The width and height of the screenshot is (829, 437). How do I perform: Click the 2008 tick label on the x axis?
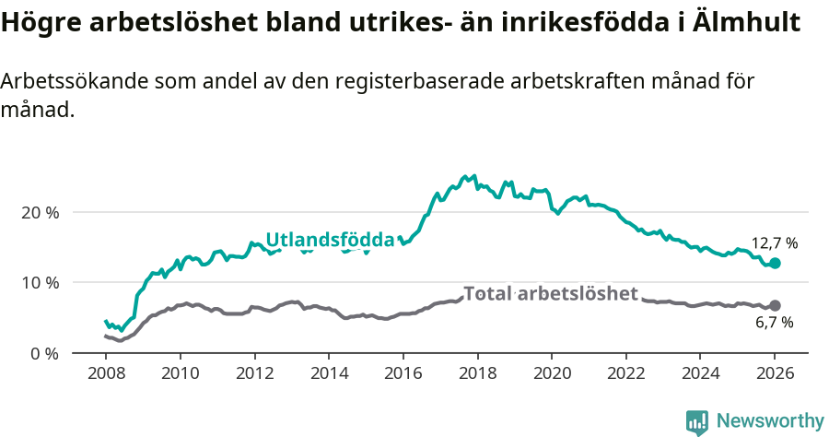coord(105,375)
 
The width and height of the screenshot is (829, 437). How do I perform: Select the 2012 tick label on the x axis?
coord(253,375)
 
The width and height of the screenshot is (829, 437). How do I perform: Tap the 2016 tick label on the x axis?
coord(403,375)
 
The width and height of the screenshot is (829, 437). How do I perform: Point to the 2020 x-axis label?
coord(551,375)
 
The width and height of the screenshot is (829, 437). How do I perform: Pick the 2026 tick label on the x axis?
coord(774,375)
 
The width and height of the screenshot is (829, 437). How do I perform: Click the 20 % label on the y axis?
coord(40,212)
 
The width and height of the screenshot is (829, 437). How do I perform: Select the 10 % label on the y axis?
coord(40,283)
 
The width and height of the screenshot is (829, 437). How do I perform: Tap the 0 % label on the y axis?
coord(43,353)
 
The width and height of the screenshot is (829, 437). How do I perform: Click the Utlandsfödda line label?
coord(330,241)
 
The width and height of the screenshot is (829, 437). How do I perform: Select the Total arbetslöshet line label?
coord(551,294)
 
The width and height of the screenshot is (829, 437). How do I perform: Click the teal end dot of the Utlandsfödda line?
coord(775,263)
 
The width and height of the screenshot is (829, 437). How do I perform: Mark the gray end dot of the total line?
coord(775,305)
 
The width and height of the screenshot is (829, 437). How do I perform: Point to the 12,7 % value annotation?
coord(775,243)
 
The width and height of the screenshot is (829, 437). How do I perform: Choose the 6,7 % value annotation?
coord(775,323)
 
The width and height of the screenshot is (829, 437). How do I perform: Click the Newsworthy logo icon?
coord(697,421)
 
